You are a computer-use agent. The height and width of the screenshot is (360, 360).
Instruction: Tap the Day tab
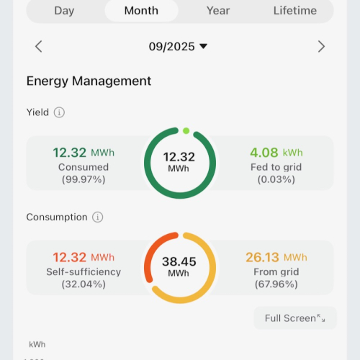click(64, 10)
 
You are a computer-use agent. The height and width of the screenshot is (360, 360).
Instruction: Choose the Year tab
click(218, 10)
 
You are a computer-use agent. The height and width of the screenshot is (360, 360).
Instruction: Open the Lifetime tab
click(294, 10)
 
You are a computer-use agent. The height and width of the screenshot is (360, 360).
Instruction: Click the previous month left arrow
click(39, 47)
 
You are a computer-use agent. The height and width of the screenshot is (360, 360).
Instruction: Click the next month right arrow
click(321, 47)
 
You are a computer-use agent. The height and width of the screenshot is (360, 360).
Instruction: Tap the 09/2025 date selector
click(178, 47)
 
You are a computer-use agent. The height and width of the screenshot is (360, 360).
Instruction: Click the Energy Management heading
click(89, 81)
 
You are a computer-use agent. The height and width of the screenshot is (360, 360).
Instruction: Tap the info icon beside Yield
click(59, 112)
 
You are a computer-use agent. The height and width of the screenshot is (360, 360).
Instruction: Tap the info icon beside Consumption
click(98, 217)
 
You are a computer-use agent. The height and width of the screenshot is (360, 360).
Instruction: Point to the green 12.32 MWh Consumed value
click(83, 153)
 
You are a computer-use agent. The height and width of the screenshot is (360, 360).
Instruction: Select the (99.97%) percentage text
click(82, 179)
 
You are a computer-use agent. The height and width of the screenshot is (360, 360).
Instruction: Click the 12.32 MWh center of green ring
click(179, 161)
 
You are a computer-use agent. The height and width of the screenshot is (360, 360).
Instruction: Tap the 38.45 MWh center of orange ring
click(179, 266)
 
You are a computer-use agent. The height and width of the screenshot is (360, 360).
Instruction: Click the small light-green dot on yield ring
click(186, 131)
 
